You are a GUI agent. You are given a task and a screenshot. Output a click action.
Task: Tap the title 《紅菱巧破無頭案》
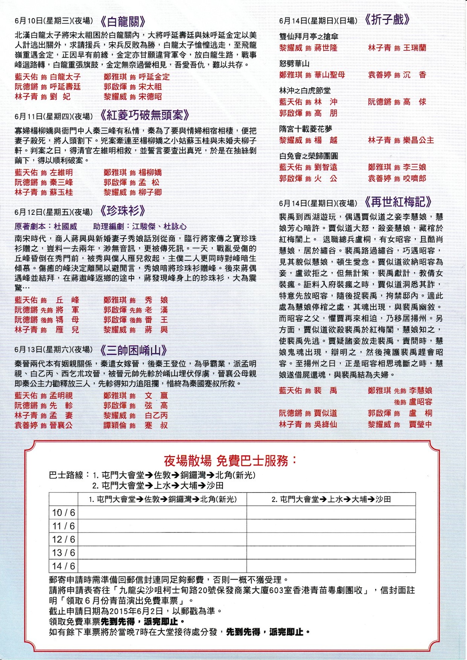(145, 115)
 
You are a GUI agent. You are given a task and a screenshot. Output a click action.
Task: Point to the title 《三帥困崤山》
(133, 350)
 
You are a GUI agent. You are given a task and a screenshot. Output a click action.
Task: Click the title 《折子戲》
(387, 20)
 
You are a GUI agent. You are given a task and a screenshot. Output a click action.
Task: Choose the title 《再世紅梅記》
(398, 202)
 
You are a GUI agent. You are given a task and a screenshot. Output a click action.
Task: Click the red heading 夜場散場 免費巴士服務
(230, 461)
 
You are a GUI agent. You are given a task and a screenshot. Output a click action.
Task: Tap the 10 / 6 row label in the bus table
(63, 513)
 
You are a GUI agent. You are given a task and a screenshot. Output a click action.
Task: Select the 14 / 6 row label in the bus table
(63, 566)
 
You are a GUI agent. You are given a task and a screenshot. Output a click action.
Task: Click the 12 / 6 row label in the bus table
(63, 540)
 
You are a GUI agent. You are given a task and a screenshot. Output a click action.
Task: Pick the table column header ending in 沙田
(331, 499)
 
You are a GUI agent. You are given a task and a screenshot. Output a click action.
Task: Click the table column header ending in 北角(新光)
(162, 499)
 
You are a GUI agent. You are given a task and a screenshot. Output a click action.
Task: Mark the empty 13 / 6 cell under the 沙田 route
(331, 553)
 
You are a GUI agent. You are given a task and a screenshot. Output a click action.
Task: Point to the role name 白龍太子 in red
(65, 77)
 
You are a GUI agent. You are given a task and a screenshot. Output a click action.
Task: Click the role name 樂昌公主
(418, 140)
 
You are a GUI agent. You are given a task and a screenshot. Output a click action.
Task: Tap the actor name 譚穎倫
(115, 425)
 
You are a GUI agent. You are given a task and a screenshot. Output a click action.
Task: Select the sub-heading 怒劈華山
(294, 64)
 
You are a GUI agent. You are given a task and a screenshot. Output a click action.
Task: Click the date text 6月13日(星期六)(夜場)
(54, 349)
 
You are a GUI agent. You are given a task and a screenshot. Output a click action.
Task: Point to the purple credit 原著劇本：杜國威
(46, 227)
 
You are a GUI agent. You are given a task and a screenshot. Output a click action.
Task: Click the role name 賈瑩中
(420, 424)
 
